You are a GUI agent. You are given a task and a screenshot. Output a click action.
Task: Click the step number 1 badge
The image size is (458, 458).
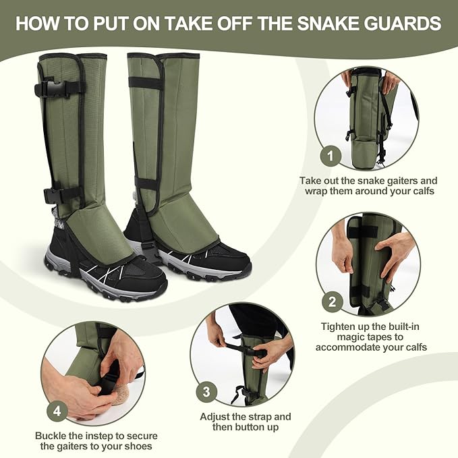point(330,157)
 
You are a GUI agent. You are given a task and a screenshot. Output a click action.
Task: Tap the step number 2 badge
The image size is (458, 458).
point(331,302)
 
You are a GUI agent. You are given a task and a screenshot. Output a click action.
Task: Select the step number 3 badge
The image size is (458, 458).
point(206,391)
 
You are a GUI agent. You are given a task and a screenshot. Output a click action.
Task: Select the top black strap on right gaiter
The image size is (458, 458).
point(144,82)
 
